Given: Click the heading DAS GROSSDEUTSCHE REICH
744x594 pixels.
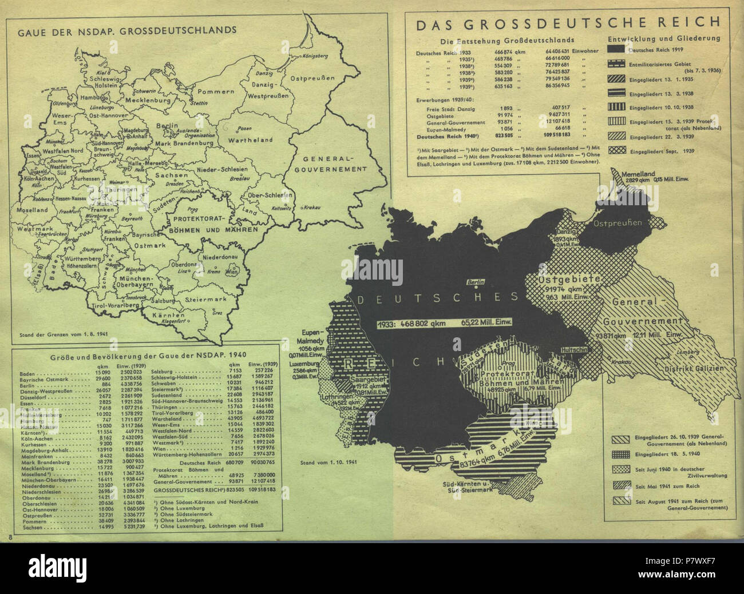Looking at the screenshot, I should (x=568, y=23).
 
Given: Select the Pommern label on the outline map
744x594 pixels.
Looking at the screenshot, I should (x=216, y=91).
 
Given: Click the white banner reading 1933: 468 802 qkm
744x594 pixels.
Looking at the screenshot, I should (x=444, y=324).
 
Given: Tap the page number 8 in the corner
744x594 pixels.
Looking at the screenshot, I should (x=10, y=535).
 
